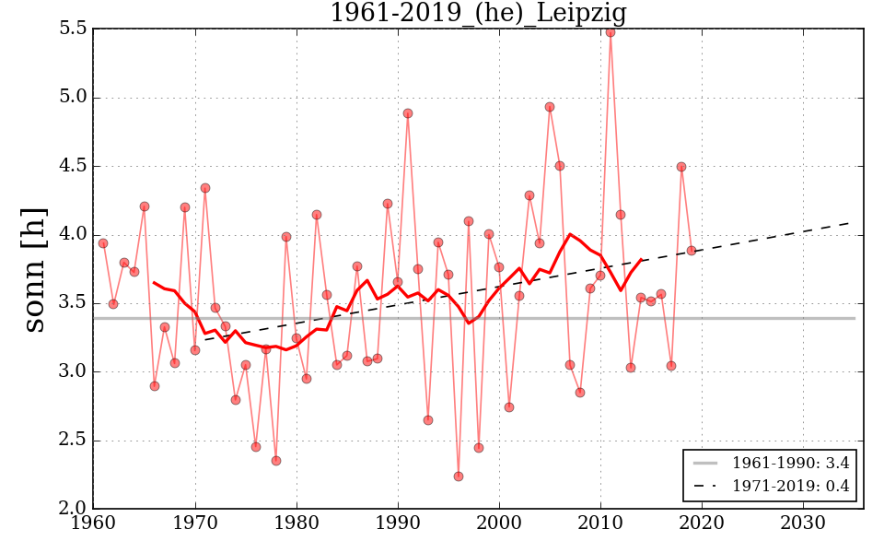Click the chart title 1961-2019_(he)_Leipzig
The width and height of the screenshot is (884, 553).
tap(478, 13)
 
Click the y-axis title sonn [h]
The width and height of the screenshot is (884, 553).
tap(34, 268)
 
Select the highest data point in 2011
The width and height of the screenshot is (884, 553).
tap(611, 32)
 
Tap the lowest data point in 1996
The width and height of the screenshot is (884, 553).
tap(459, 477)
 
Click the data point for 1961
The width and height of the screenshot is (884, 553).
tap(103, 243)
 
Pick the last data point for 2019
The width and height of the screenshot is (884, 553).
tap(692, 251)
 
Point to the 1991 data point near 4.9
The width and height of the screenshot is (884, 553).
tap(408, 113)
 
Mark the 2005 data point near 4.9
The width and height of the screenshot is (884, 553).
tap(550, 107)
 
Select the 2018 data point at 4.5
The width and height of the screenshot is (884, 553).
tap(681, 167)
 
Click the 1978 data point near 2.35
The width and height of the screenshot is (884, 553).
tap(276, 461)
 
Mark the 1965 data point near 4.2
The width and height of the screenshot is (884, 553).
tap(145, 206)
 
